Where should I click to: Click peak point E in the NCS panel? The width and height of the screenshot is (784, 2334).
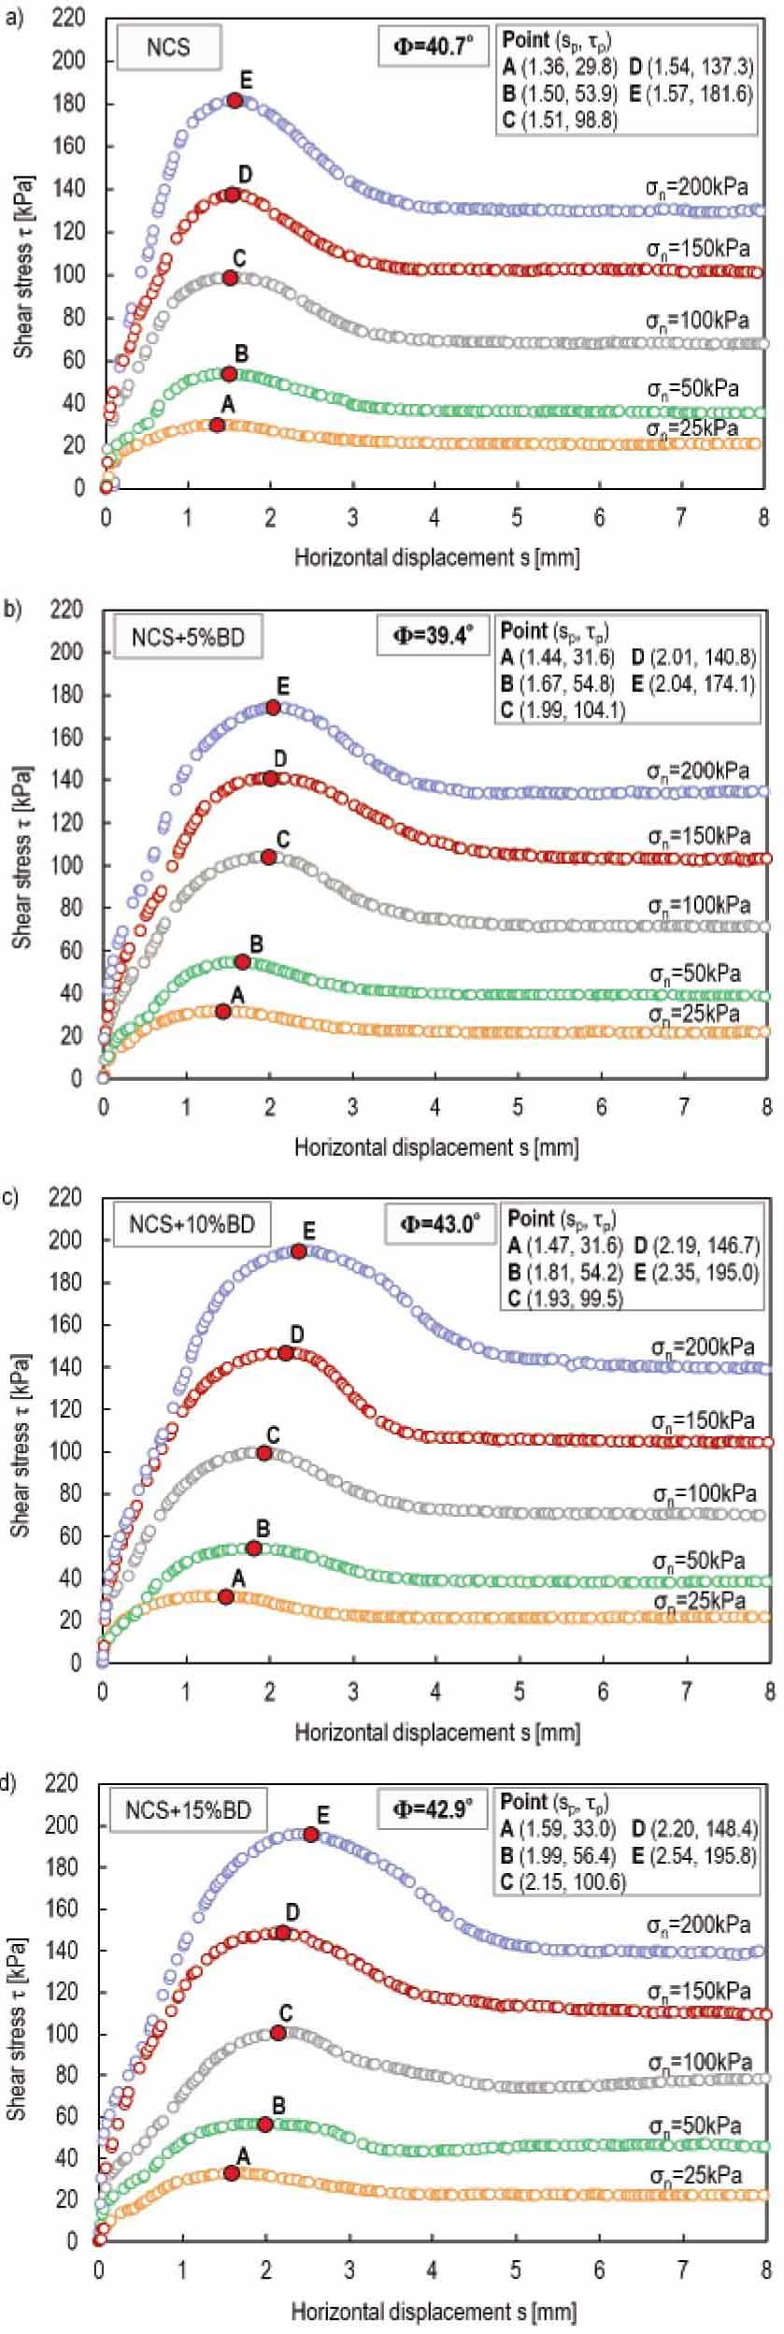235,100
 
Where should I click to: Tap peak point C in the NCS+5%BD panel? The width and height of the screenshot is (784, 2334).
268,857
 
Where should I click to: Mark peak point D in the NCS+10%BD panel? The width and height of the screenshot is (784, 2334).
286,1353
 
